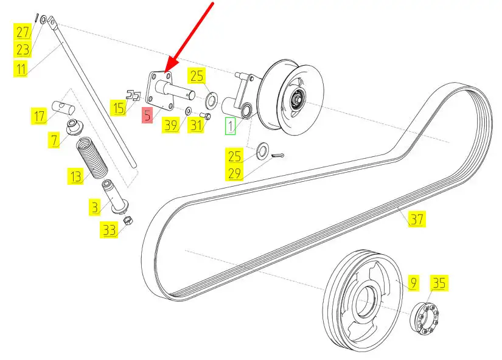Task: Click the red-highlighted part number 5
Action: [147, 114]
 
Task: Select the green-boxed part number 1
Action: [230, 126]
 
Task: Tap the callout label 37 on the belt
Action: [417, 219]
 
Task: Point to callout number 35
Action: [439, 283]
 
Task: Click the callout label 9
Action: [413, 283]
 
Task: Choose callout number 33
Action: [109, 229]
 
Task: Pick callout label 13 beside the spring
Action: [76, 176]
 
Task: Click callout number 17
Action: [40, 116]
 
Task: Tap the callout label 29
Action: [234, 173]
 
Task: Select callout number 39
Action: [170, 125]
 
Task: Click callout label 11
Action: [21, 69]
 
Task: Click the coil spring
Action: [92, 157]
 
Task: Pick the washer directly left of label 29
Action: [262, 150]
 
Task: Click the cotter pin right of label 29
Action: [277, 156]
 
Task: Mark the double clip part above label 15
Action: [133, 95]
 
